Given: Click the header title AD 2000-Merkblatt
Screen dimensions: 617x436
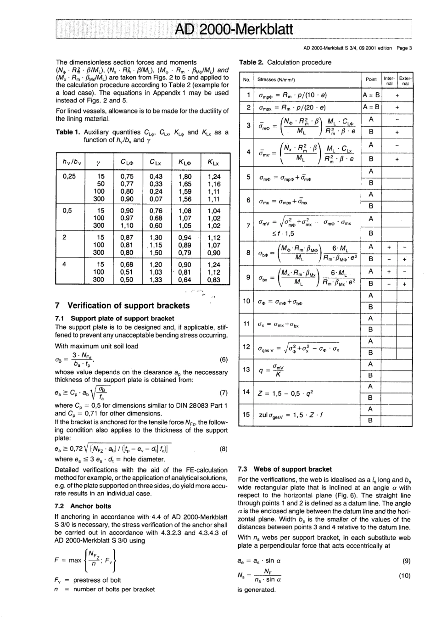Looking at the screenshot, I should [234, 30].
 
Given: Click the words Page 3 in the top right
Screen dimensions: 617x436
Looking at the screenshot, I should [404, 48].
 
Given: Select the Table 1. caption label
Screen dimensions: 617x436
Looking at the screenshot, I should [68, 132].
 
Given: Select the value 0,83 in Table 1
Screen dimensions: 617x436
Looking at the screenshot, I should [213, 280].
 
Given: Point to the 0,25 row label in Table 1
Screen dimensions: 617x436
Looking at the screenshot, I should [68, 176].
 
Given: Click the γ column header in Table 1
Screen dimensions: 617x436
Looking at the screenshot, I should [98, 162].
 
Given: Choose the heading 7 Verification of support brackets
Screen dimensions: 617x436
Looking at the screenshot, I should [122, 306].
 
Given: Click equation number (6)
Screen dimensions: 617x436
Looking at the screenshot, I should [224, 360].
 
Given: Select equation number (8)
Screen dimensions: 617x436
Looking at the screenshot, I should [224, 449].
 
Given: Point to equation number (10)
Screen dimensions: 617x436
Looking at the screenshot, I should [404, 576].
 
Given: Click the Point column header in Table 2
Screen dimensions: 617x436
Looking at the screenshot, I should [371, 79].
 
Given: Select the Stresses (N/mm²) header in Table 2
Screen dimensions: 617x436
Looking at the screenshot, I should [276, 80].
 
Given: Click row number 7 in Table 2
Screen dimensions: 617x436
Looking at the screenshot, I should [248, 225].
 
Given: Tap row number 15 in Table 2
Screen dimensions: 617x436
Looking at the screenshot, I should [246, 415].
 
